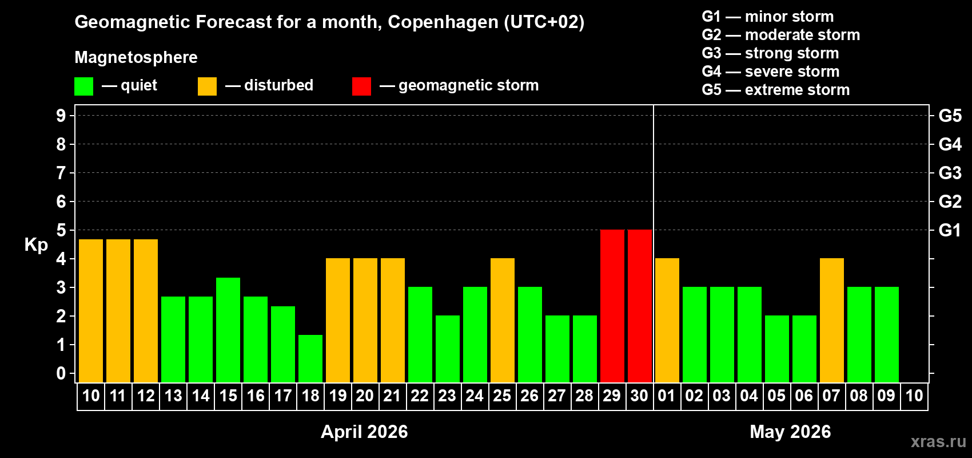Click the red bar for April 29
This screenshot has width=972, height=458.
[612, 306]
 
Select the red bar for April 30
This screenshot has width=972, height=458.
[640, 306]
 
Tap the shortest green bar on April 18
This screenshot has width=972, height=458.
[310, 358]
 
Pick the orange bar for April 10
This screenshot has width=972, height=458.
[91, 311]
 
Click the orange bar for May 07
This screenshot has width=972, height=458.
[832, 320]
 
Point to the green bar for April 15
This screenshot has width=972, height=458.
[228, 330]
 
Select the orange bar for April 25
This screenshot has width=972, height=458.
[503, 320]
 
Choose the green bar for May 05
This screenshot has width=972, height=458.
[777, 349]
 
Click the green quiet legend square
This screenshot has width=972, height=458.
[84, 86]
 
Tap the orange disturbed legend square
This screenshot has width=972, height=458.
[207, 86]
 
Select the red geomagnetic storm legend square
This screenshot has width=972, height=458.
[361, 86]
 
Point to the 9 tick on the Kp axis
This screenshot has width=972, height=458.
[61, 116]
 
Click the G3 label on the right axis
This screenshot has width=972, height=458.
[950, 173]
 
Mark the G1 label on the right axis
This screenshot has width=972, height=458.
[950, 230]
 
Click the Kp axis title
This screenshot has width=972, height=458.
[36, 245]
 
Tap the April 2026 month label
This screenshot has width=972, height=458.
[364, 432]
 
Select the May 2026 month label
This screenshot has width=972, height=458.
[790, 432]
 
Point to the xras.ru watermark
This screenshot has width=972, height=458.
[938, 441]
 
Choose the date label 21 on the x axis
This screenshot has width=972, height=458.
[392, 396]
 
